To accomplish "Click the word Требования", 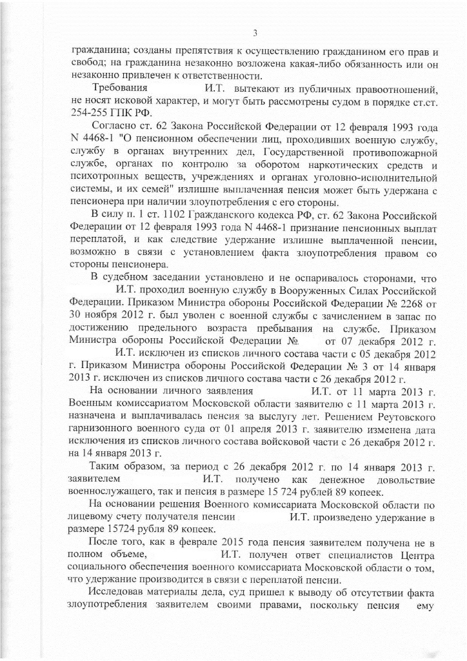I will pos(120,87).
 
